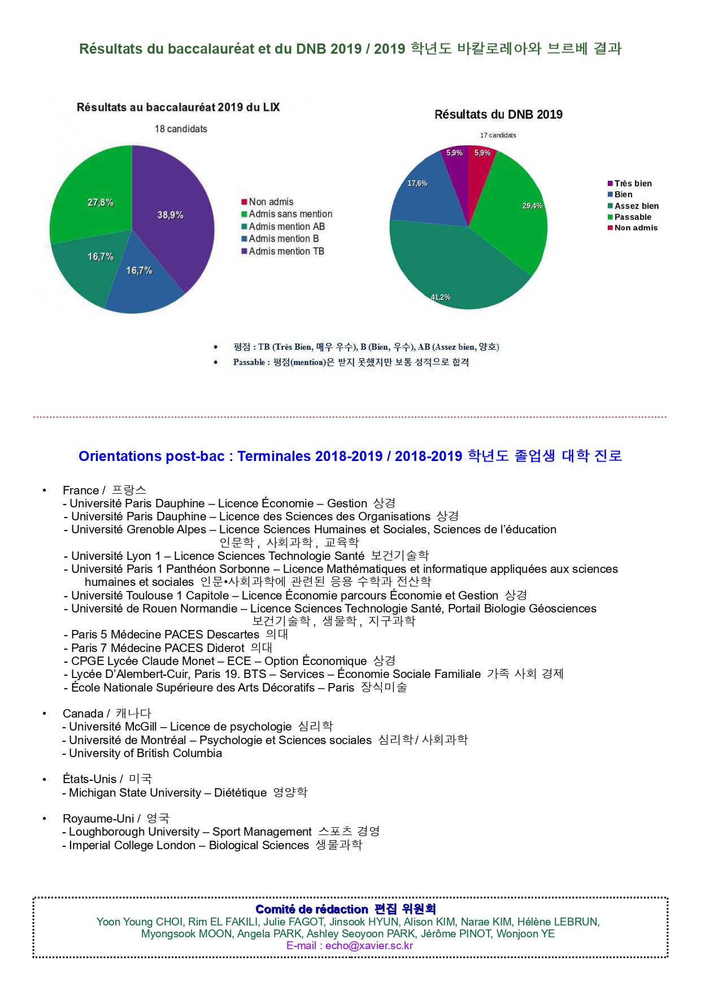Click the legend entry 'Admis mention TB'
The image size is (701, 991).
[286, 251]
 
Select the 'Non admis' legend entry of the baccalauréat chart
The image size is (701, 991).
[271, 202]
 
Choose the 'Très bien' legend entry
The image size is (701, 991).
[633, 184]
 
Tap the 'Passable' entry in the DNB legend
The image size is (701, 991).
[633, 217]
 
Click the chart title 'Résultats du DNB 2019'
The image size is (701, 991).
[498, 115]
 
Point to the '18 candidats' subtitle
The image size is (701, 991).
[181, 129]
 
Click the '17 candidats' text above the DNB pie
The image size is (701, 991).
[498, 136]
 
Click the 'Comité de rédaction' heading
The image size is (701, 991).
[312, 909]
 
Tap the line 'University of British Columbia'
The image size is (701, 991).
[145, 753]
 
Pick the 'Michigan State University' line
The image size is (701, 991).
[135, 793]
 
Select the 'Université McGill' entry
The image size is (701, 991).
[112, 727]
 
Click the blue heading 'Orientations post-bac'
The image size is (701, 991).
[151, 456]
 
